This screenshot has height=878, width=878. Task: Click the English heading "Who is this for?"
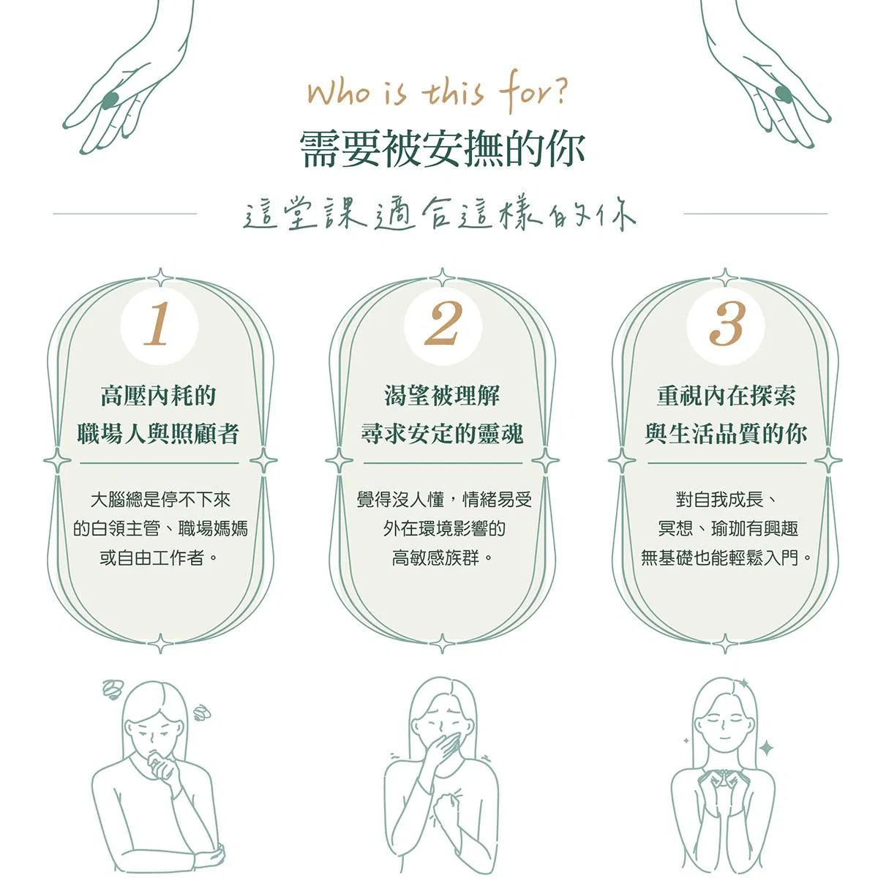pyautogui.click(x=438, y=92)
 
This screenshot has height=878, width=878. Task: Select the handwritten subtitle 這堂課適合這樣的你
pyautogui.click(x=439, y=214)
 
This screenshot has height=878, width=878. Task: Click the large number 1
pyautogui.click(x=157, y=324)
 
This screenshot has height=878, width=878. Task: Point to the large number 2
pyautogui.click(x=443, y=324)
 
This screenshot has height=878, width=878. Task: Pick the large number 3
pyautogui.click(x=727, y=324)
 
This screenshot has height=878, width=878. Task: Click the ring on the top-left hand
pyautogui.click(x=110, y=100)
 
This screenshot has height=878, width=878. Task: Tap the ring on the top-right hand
pyautogui.click(x=784, y=94)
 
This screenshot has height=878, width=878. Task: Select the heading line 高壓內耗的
pyautogui.click(x=159, y=396)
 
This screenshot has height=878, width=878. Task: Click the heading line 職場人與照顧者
pyautogui.click(x=159, y=433)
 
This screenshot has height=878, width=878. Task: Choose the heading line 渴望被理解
pyautogui.click(x=442, y=396)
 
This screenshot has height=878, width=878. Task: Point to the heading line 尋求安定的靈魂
pyautogui.click(x=442, y=433)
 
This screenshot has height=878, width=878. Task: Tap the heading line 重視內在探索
pyautogui.click(x=727, y=396)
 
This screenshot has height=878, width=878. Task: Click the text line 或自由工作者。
pyautogui.click(x=159, y=558)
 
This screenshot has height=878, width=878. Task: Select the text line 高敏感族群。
pyautogui.click(x=443, y=558)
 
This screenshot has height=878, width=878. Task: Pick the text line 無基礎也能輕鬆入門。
pyautogui.click(x=727, y=558)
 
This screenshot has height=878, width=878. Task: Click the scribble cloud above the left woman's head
pyautogui.click(x=112, y=690)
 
